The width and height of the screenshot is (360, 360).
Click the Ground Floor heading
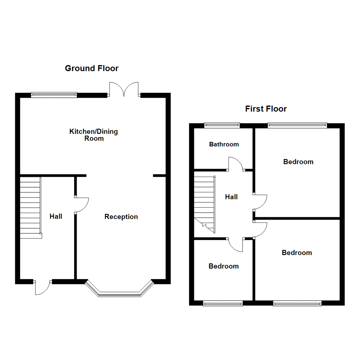tap(91, 68)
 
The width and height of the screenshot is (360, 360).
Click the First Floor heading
tap(266, 109)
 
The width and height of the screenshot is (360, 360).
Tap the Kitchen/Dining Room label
tap(93, 135)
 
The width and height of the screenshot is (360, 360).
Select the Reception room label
tap(121, 217)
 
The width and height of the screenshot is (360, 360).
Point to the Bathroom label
tap(224, 144)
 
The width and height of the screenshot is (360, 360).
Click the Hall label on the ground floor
tap(56, 216)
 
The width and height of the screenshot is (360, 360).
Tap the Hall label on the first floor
tap(231, 197)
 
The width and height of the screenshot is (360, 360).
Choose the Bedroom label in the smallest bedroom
tap(223, 266)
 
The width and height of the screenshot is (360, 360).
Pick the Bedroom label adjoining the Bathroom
tap(298, 162)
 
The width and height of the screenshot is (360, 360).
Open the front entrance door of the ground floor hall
tap(42, 288)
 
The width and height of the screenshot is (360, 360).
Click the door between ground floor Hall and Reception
tap(82, 205)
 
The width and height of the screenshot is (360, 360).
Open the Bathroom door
tap(236, 164)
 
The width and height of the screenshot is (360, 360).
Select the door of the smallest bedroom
tap(236, 245)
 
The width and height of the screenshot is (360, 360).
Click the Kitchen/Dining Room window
tap(54, 95)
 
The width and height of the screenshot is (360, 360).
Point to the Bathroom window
tap(222, 125)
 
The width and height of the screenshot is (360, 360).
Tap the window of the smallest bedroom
tap(223, 303)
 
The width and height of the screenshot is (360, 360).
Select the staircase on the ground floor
tap(30, 208)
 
